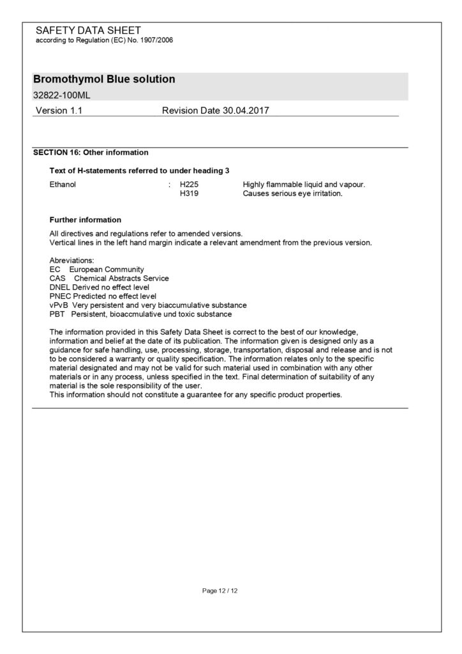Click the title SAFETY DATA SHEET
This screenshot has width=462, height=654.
[88, 30]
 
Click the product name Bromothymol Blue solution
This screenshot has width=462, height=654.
[104, 80]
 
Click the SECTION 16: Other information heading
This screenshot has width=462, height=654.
[91, 153]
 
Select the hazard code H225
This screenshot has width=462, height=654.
[190, 185]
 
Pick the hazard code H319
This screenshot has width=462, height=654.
[190, 194]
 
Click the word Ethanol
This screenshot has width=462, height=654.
[63, 185]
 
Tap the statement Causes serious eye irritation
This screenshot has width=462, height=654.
[293, 194]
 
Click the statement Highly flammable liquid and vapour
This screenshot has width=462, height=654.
[304, 185]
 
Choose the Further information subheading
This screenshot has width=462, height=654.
[85, 220]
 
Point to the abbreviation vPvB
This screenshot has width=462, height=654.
[59, 305]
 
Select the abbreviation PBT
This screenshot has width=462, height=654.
[57, 314]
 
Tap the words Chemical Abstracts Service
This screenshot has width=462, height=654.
[121, 278]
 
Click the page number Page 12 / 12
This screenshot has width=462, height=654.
[220, 591]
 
